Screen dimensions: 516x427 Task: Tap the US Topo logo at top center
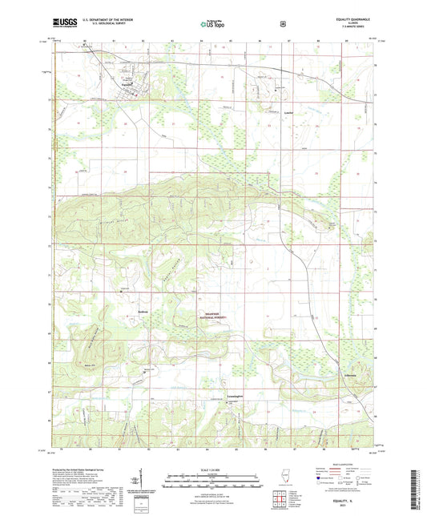coord(212,26)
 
